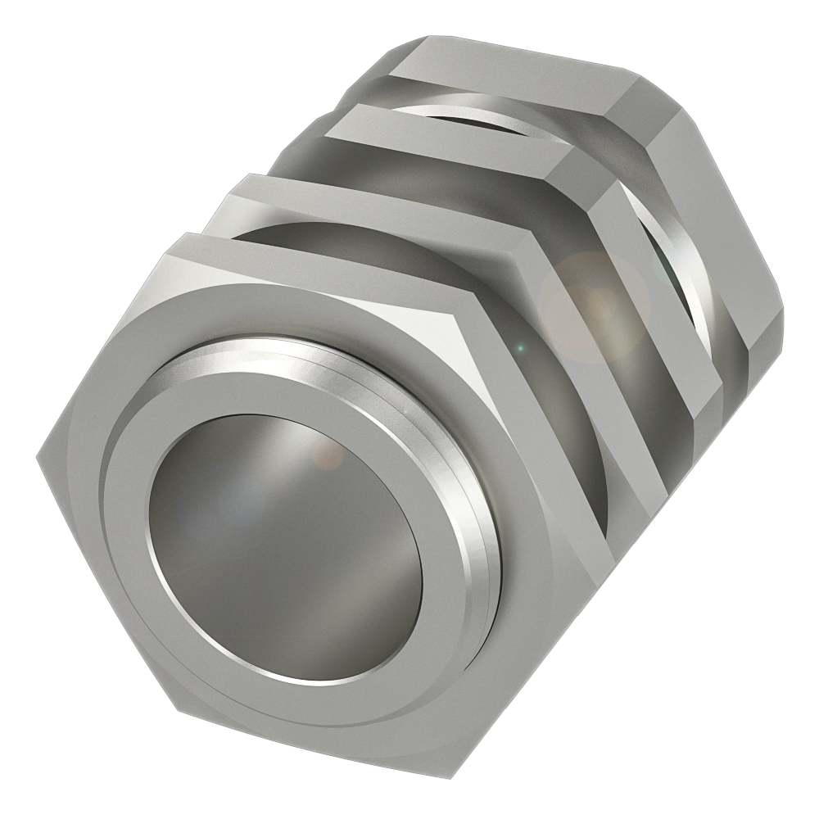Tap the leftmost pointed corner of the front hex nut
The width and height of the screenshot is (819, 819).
click(x=37, y=453)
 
